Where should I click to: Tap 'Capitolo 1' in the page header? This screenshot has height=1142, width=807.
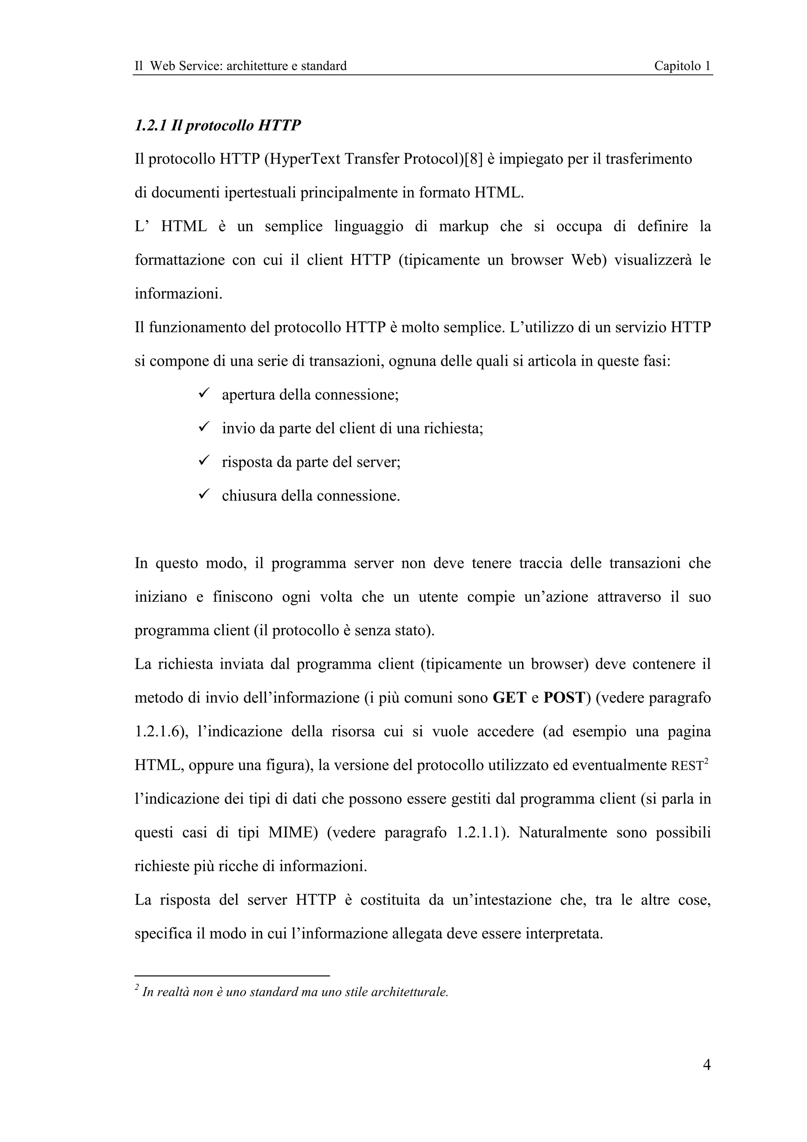682,66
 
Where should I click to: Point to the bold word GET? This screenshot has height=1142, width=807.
509,698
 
